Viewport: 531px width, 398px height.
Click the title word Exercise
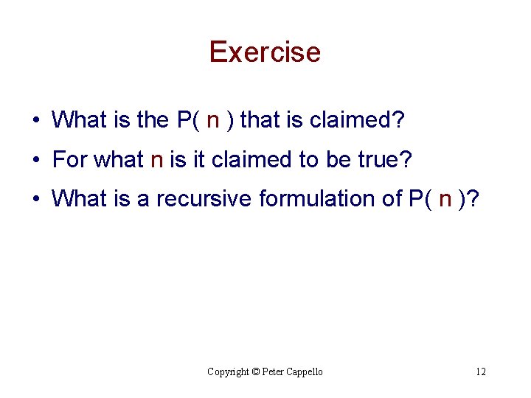[x=265, y=52]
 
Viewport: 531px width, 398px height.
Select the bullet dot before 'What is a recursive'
[x=35, y=198]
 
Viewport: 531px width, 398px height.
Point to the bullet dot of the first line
[x=35, y=119]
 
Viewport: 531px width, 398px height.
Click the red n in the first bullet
[x=213, y=120]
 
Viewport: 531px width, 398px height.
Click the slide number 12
[x=480, y=371]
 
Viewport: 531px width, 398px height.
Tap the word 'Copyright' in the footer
[x=228, y=371]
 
